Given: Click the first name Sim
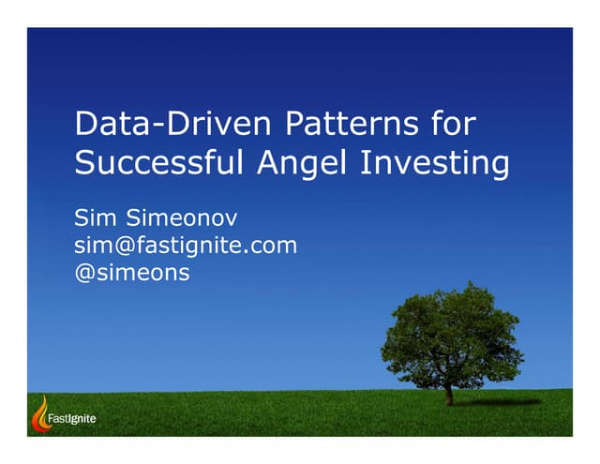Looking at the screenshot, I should click(97, 219).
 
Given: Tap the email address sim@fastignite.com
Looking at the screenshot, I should click(185, 247).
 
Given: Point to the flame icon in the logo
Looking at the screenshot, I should click(40, 413).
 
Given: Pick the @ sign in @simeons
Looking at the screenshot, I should click(84, 274).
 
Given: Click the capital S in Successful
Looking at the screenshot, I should click(84, 164).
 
